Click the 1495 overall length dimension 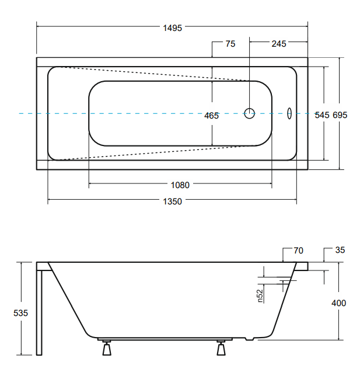[x=172, y=28]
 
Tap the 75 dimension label [x=230, y=44]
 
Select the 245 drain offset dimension [x=279, y=44]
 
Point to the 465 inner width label [x=211, y=116]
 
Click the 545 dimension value [x=322, y=115]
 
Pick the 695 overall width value [x=340, y=115]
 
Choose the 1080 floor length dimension [x=180, y=185]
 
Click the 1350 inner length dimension [x=172, y=202]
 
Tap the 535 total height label [x=21, y=313]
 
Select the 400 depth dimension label [x=339, y=303]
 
